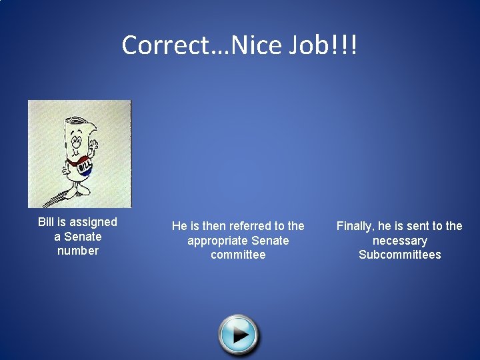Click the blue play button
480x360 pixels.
(x=239, y=333)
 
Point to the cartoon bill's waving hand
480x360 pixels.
(x=93, y=143)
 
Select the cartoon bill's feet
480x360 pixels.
(x=75, y=192)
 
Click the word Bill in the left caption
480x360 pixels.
(x=46, y=222)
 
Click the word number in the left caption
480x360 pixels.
(x=78, y=251)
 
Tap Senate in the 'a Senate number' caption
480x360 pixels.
(x=83, y=237)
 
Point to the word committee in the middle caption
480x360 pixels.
(x=238, y=255)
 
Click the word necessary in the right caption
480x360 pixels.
(x=400, y=241)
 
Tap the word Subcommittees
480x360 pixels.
(x=400, y=255)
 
